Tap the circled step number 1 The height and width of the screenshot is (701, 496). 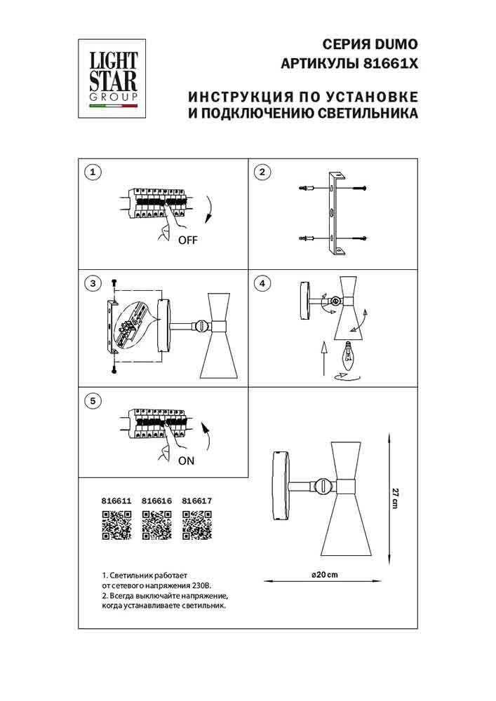pos(93,172)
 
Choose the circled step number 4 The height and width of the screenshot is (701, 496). pos(261,284)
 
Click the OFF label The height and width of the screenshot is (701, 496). pos(188,240)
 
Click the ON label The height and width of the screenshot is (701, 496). pos(186,461)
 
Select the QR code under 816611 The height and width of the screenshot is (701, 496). pos(116,525)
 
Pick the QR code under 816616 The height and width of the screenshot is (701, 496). pos(156,525)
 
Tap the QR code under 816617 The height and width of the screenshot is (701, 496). pos(196,525)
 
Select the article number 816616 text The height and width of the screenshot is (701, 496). pos(156,501)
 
